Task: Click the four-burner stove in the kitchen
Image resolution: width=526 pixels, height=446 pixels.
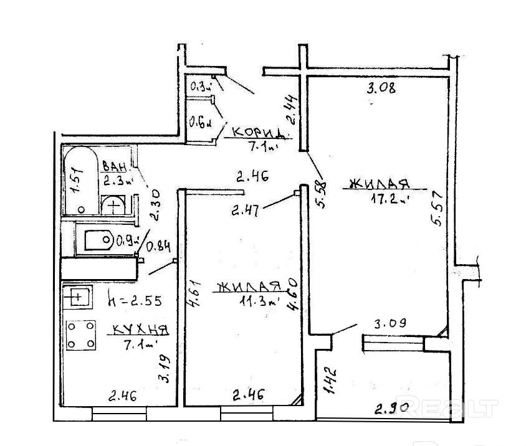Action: coord(81,335)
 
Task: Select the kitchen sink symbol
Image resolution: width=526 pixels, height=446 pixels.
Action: coord(78,297)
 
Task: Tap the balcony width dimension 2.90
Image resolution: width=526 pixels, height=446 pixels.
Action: coord(391,409)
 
